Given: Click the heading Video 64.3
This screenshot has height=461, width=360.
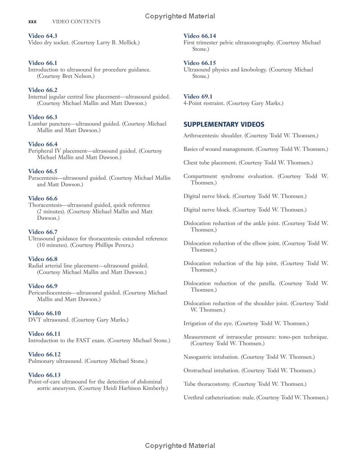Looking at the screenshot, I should pos(43,36).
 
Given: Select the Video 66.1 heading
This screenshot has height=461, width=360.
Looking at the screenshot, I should pos(43,63).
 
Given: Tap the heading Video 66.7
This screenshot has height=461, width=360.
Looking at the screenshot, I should pos(43,232).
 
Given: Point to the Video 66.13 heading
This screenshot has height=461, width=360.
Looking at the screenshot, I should pos(44,375).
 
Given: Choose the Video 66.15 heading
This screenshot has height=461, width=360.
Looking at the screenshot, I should pos(200,63).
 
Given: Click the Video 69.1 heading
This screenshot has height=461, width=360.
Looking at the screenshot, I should pos(198,96).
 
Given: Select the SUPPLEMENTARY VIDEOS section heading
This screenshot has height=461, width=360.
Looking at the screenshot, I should pos(224,124).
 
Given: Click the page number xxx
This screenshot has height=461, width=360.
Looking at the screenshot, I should pos(32,21).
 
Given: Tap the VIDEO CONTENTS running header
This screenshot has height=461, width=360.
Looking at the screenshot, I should pos(76,21).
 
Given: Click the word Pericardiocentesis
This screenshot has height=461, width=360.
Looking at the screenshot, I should pos(49,293).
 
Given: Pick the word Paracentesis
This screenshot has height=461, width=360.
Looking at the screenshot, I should pos(45,178).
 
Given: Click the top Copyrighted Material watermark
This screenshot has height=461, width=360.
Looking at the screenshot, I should pos(180,16).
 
